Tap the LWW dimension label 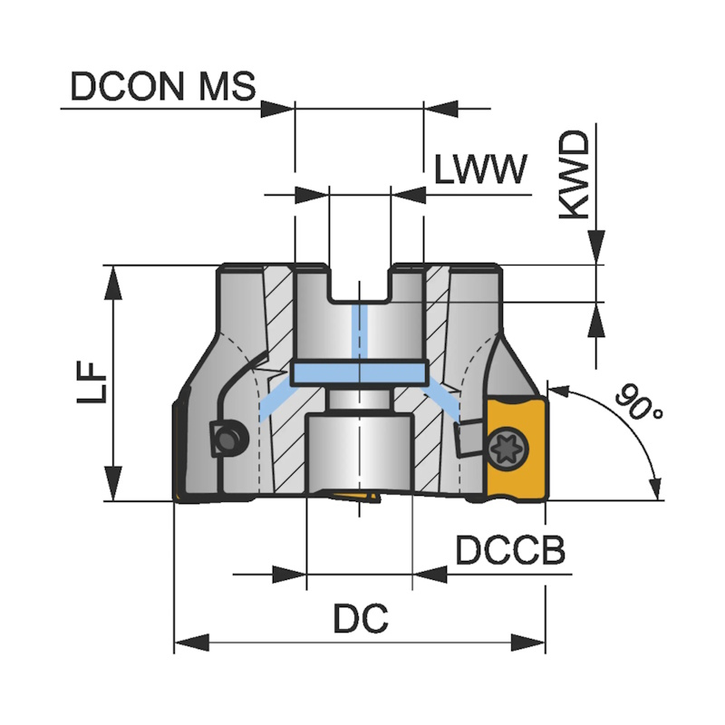pyautogui.click(x=479, y=169)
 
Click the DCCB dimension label pyautogui.click(x=510, y=550)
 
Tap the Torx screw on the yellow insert pyautogui.click(x=505, y=446)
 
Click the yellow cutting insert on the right pyautogui.click(x=517, y=447)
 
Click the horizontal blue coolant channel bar pyautogui.click(x=360, y=372)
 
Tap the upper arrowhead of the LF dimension pyautogui.click(x=114, y=282)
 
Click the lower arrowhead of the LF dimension pyautogui.click(x=114, y=484)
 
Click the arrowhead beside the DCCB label pyautogui.click(x=430, y=574)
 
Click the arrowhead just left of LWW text pyautogui.click(x=409, y=194)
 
